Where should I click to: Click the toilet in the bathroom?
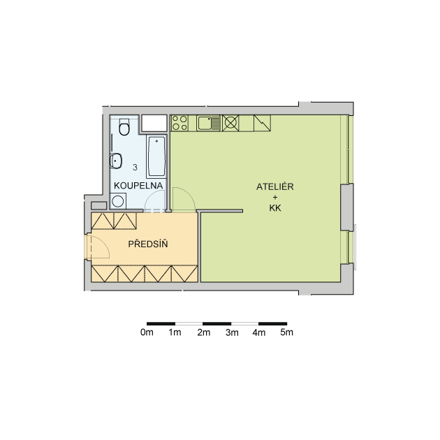[x=124, y=127]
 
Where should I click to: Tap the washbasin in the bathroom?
[x=115, y=161]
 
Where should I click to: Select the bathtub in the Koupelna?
[x=156, y=156]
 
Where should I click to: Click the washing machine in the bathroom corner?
[x=118, y=201]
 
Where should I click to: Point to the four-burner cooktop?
[x=179, y=123]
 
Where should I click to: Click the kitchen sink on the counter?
[x=208, y=123]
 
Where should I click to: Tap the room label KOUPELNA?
[x=138, y=186]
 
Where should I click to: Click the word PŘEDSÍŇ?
[x=148, y=244]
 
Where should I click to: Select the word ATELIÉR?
[x=274, y=186]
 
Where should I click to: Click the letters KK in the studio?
[x=275, y=208]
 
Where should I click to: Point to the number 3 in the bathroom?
[x=135, y=168]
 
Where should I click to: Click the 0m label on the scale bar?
[x=147, y=332]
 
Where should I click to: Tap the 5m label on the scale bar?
[x=286, y=332]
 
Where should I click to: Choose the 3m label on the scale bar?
[x=232, y=332]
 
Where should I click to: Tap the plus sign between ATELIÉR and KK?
[x=275, y=197]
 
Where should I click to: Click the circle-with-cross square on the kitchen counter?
[x=230, y=123]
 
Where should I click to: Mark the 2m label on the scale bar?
[x=204, y=332]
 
